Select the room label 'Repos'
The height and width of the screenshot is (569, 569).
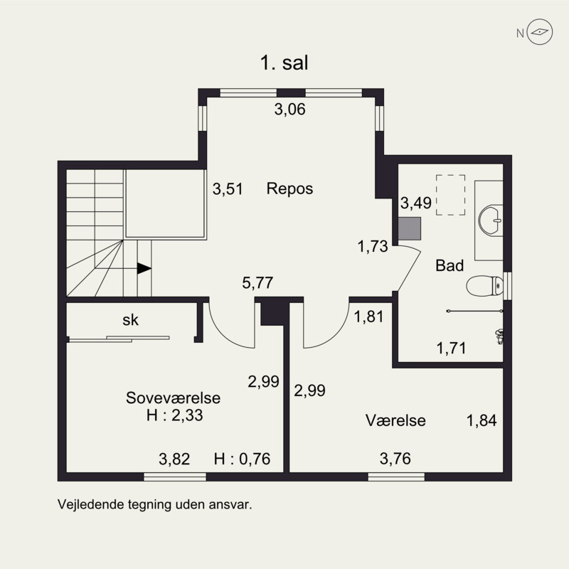point(290,189)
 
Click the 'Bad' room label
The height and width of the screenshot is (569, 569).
point(450,266)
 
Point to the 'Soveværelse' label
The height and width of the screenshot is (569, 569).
point(174,398)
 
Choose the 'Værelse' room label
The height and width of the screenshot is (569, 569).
point(395,420)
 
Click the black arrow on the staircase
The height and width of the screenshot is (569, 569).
point(144,268)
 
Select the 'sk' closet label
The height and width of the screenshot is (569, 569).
point(130,320)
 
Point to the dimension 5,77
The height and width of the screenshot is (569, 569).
point(257,284)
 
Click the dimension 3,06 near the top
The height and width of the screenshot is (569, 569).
point(290,110)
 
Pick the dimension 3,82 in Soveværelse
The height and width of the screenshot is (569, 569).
point(174,459)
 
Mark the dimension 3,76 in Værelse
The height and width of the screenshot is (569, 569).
point(395,459)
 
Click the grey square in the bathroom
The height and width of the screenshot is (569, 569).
point(410,227)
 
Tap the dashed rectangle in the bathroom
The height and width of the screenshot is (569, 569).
point(450,195)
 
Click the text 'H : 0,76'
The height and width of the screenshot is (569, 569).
point(243,459)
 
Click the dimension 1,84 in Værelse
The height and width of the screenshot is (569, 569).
point(481,420)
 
